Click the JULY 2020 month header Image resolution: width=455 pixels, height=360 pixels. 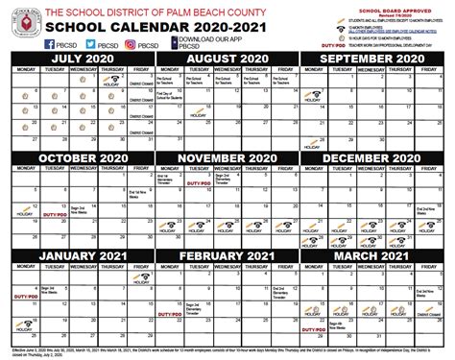pyautogui.click(x=76, y=59)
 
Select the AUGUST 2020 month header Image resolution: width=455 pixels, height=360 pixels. pyautogui.click(x=227, y=59)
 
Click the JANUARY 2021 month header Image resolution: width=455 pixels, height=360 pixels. pyautogui.click(x=76, y=255)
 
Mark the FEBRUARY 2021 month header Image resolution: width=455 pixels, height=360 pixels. pyautogui.click(x=227, y=255)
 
